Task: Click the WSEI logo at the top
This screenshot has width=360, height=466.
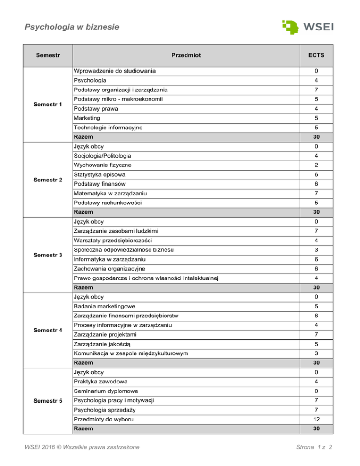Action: coord(307,26)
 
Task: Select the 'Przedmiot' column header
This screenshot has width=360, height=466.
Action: coord(185,55)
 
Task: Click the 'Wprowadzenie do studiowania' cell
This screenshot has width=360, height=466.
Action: coord(115,71)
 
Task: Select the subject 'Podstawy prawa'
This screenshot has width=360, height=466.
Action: coord(95,108)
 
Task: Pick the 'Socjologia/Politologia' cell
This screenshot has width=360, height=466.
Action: coord(102,155)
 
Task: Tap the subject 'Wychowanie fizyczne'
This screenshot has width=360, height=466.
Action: coord(102,165)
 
